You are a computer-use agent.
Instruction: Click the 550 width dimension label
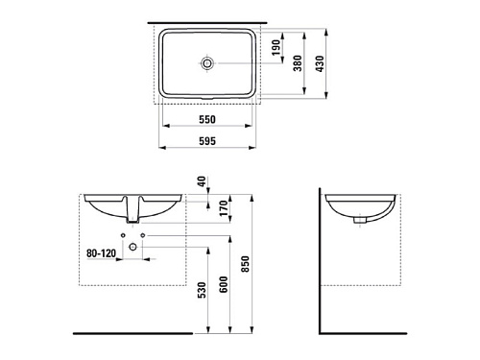coord(207,119)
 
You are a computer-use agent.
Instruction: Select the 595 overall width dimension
coord(207,141)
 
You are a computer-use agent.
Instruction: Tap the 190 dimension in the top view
coord(276,47)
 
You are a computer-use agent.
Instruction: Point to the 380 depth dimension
coord(298,63)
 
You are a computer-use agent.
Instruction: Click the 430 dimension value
coord(320,63)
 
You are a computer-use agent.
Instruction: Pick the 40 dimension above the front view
coord(202,181)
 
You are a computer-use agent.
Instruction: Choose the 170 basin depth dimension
coord(224,208)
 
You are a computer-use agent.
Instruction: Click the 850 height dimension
coord(245,264)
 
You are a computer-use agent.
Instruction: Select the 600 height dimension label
coord(224,284)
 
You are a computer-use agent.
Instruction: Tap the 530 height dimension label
coord(202,290)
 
